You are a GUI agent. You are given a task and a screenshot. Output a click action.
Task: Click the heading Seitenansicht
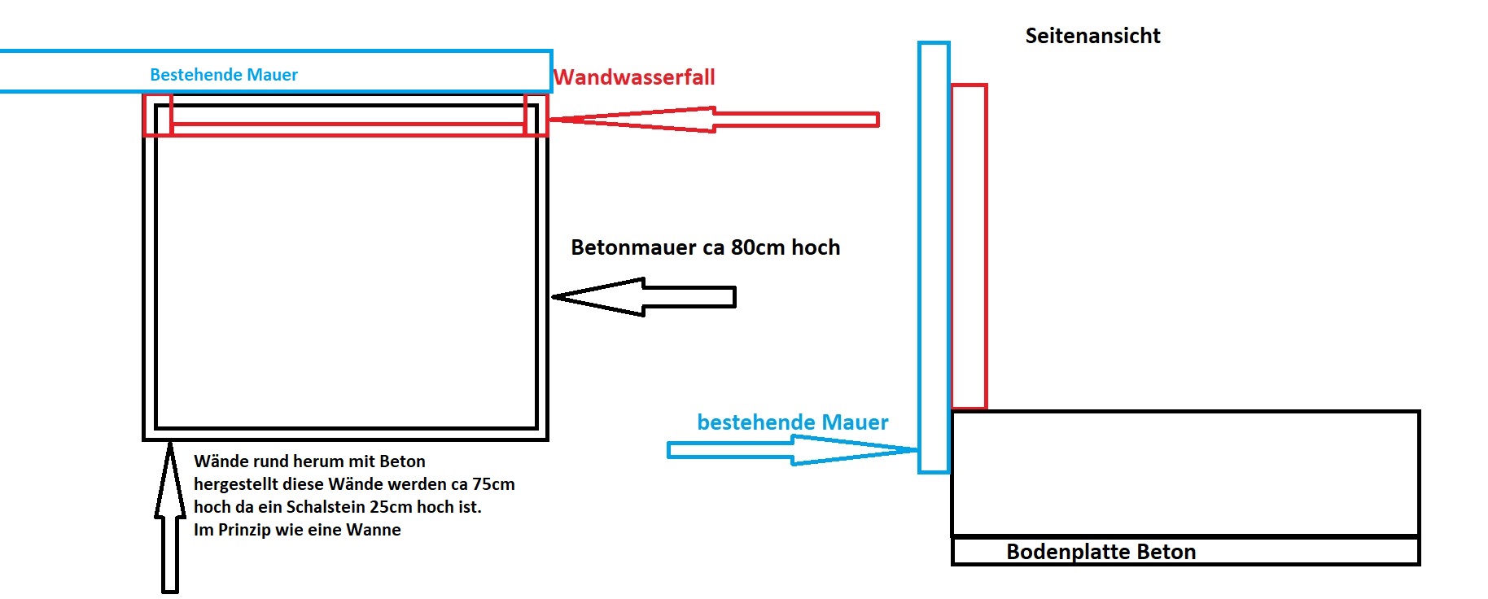(1092, 36)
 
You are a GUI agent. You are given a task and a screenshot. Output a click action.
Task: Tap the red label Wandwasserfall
(634, 77)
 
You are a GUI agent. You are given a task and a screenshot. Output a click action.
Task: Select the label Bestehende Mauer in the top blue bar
(224, 75)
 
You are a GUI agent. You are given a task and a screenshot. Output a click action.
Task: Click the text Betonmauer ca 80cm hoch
(705, 247)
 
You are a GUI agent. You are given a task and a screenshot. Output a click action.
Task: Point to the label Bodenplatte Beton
(1101, 552)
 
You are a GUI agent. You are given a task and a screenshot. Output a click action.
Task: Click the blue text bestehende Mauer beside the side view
(792, 422)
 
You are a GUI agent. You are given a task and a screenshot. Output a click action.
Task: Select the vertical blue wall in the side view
(934, 257)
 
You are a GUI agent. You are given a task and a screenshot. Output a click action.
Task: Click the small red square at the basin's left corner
(158, 115)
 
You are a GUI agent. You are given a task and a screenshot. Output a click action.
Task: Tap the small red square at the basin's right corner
(536, 115)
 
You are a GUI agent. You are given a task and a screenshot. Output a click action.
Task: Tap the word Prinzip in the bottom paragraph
(250, 530)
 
